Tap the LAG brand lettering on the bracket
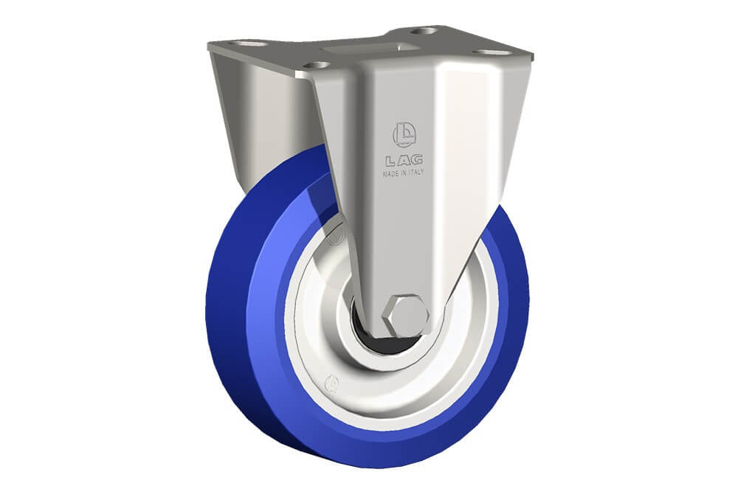404,161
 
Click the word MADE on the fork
390,173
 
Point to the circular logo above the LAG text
404,134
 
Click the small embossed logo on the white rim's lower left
334,384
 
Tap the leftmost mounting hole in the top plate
250,44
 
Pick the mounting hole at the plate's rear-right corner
424,32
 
